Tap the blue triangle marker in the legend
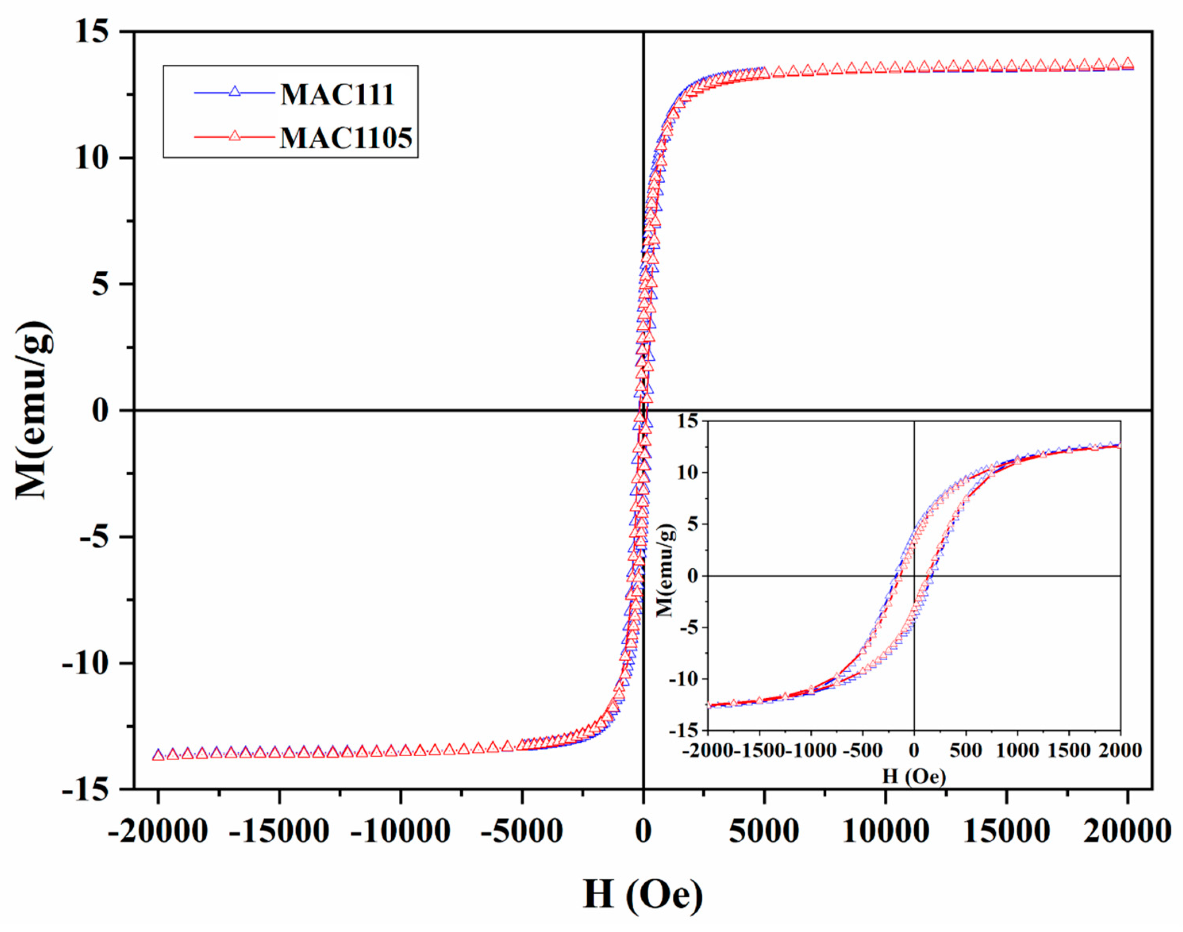(235, 92)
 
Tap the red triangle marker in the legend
(235, 135)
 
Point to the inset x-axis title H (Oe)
(914, 776)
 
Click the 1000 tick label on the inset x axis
(1017, 750)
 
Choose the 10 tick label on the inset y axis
(687, 473)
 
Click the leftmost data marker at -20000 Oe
(158, 755)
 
